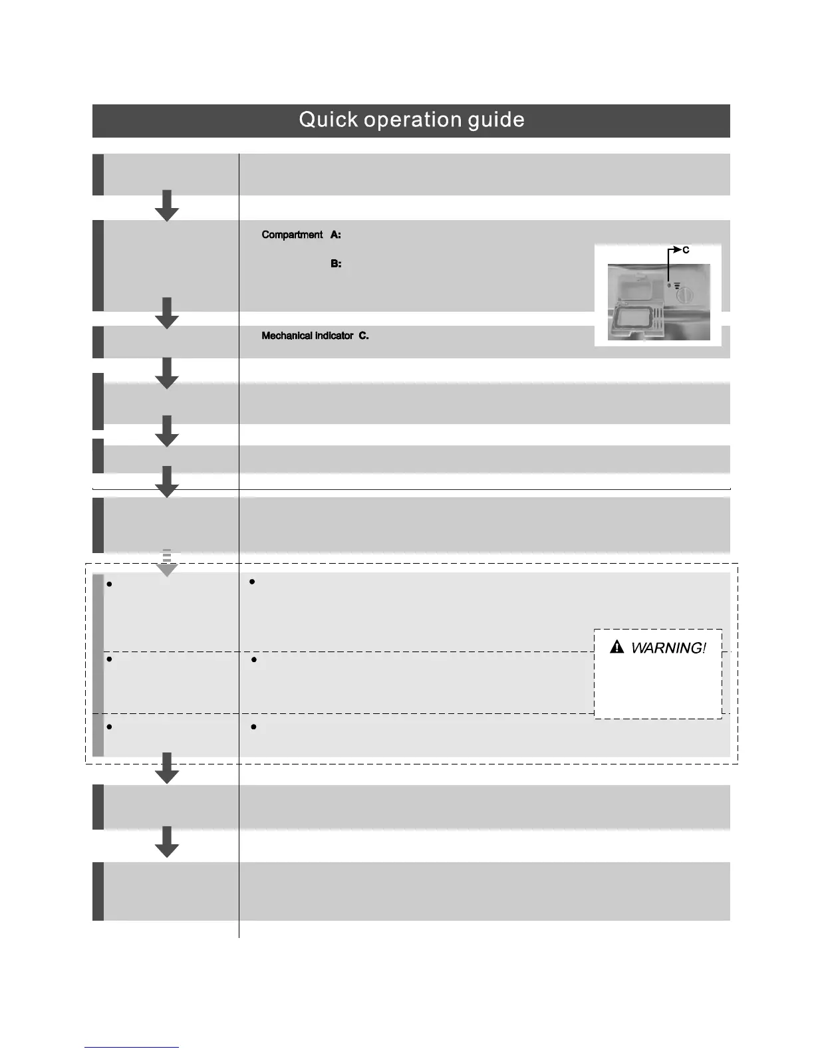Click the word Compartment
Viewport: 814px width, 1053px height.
[292, 235]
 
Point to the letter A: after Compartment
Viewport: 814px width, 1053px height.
[336, 235]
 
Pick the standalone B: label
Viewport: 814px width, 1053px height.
[336, 264]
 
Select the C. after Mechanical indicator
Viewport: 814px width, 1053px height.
[364, 336]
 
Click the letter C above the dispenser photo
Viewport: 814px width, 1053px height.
[686, 250]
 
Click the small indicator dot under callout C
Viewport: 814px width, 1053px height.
[669, 286]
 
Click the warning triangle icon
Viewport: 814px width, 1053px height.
[616, 646]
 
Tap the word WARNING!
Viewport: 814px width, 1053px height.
[668, 647]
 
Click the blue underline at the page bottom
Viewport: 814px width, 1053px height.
[132, 1048]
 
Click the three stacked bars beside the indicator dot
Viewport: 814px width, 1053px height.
[676, 287]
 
